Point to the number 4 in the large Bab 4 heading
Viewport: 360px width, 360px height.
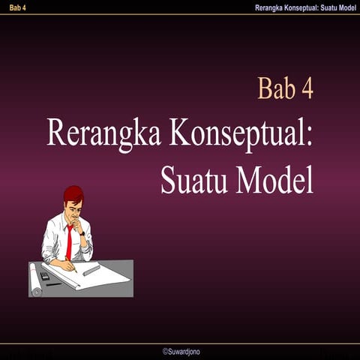pyautogui.click(x=307, y=88)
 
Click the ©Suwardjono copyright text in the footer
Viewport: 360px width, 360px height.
pyautogui.click(x=181, y=351)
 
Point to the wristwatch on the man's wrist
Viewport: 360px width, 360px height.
pyautogui.click(x=82, y=233)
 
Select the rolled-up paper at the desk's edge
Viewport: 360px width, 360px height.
pyautogui.click(x=34, y=280)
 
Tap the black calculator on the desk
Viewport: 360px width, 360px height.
pyautogui.click(x=46, y=275)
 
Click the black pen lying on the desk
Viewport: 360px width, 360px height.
pyautogui.click(x=54, y=284)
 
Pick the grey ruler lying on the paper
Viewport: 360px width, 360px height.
pyautogui.click(x=91, y=270)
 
